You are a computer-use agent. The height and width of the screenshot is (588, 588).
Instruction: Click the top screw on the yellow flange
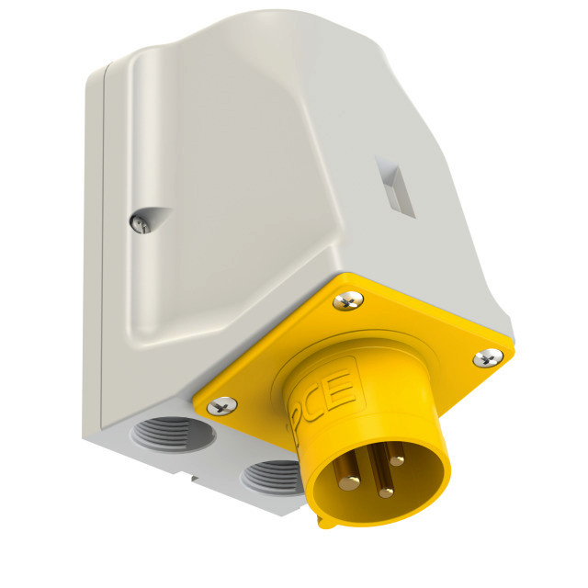[348, 300]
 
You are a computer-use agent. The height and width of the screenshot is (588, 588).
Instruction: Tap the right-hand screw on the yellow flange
[488, 358]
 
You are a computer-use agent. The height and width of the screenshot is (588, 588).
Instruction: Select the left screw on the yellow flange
[222, 406]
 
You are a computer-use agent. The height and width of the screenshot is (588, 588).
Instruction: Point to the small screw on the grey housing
[141, 224]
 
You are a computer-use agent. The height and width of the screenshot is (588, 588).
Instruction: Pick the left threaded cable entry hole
[173, 435]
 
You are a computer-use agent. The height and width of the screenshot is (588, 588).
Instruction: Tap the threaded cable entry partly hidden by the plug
[273, 478]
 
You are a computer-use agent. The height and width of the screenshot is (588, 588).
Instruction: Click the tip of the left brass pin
[349, 482]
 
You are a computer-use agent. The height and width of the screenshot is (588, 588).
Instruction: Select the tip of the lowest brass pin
[386, 492]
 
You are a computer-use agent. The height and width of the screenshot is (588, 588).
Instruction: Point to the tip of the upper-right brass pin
[397, 458]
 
